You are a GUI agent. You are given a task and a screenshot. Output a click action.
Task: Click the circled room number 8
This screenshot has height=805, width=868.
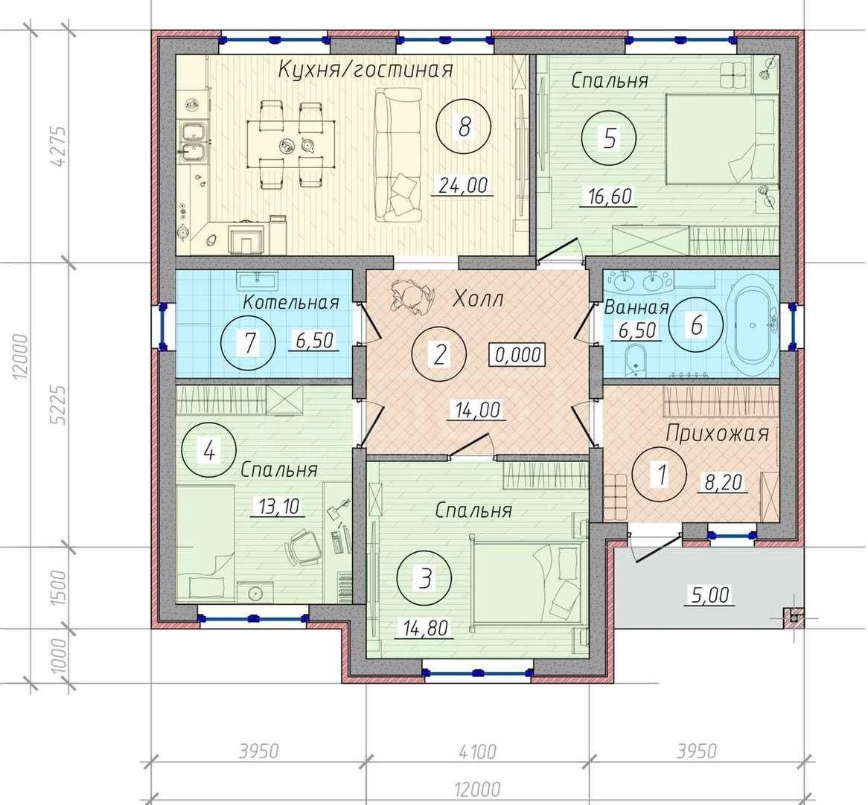[x=465, y=129]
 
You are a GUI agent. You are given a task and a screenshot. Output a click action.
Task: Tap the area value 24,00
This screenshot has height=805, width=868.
[x=463, y=185]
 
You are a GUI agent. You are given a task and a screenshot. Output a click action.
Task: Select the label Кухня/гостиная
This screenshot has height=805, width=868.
[x=366, y=70]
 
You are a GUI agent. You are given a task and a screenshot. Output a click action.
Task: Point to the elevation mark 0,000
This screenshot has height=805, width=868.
[x=517, y=355]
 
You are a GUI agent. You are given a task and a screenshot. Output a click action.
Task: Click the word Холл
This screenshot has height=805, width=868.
[x=478, y=299]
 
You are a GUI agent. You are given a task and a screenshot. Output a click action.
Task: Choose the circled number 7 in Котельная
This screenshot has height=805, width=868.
[x=249, y=342]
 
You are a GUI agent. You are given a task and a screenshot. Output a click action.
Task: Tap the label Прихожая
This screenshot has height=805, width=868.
[x=718, y=433]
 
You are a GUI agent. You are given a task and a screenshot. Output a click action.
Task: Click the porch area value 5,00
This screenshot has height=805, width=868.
[x=710, y=595]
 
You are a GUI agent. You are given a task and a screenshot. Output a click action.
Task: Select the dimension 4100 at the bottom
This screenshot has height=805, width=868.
[x=477, y=752]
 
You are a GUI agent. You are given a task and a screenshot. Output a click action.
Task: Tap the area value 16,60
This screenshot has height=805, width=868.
[x=608, y=196]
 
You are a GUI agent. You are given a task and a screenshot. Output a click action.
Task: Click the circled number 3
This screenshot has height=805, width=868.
[x=424, y=580]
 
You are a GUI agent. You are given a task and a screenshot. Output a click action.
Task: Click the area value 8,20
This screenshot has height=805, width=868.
[x=723, y=482]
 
